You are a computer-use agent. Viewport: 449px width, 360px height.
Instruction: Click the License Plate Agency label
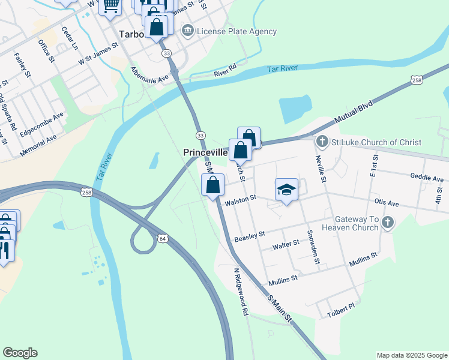[x=237, y=31]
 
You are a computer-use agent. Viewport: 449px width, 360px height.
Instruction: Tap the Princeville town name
[x=205, y=153]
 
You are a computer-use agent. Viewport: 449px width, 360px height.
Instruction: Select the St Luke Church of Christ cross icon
[x=322, y=142]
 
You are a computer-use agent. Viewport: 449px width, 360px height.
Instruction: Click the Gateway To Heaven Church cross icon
[x=388, y=223]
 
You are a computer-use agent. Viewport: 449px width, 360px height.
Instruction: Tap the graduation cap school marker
[x=287, y=190]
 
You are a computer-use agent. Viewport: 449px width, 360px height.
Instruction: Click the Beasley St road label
[x=249, y=236]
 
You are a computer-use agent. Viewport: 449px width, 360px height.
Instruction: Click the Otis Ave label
[x=386, y=202]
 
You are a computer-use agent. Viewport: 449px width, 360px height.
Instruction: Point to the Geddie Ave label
[x=426, y=178]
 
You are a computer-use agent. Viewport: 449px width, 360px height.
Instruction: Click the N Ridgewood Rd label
[x=240, y=292]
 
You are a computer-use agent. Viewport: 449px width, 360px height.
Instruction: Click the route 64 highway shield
[x=163, y=239]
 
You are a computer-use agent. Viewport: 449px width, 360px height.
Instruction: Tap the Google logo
[x=20, y=353]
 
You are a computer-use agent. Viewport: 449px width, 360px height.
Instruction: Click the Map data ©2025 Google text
[x=411, y=355]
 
